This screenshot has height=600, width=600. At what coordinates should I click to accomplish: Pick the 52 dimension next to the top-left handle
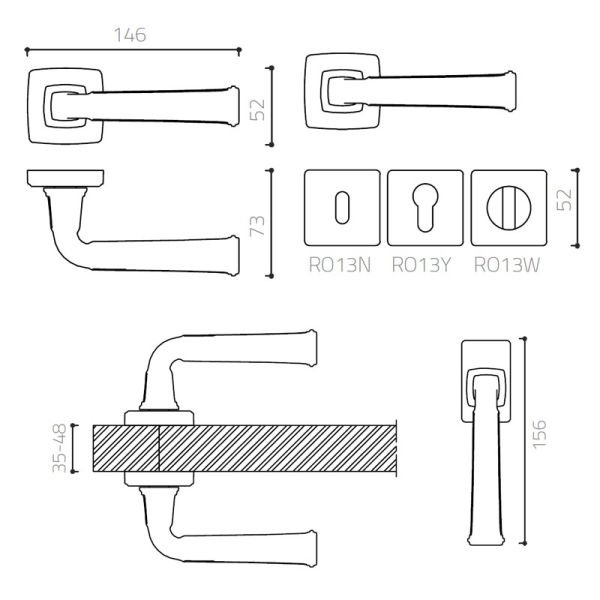(x=258, y=109)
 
